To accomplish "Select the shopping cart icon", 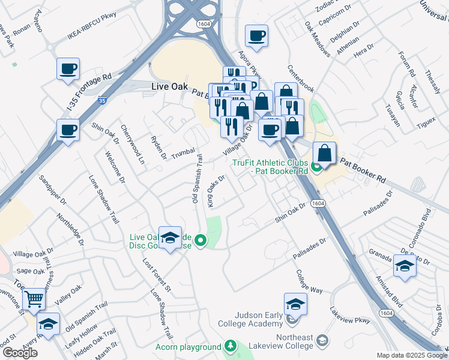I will tap(34, 298).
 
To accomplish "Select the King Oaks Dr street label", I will tap(215, 191).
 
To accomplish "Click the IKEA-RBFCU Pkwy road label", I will tap(92, 36).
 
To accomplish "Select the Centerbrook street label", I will tap(300, 78).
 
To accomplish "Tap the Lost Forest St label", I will tap(157, 276).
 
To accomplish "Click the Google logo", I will tap(20, 352).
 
